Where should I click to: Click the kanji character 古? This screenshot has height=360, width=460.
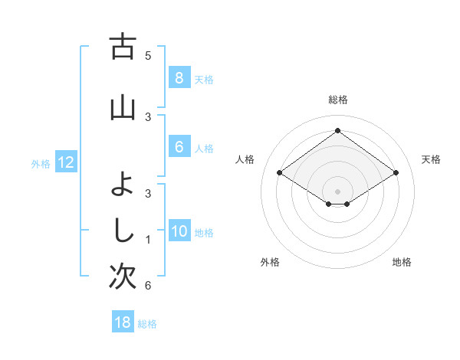coord(123,47)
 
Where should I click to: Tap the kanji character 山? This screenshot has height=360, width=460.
coord(123,108)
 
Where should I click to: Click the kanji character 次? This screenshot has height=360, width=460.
coord(123,277)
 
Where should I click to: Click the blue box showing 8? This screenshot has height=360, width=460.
coord(179,78)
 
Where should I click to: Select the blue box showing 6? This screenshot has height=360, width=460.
coord(179,148)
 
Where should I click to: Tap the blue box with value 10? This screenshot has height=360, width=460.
coord(179,232)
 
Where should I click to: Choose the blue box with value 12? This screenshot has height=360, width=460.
coord(65,162)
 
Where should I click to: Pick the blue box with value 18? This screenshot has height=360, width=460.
coord(123,322)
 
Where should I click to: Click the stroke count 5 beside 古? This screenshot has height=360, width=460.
coord(148,56)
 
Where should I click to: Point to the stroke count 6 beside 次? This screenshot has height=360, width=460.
coord(148,286)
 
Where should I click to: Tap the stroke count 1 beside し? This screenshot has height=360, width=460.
coord(148,240)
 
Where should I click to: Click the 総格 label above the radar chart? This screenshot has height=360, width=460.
coord(337,100)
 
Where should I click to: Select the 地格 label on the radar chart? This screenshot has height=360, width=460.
coord(402,262)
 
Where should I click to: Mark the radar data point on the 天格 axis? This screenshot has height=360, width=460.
coord(396,173)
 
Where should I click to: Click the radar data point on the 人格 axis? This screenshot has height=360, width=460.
coord(279,173)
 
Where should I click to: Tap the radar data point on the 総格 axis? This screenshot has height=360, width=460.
coord(337,131)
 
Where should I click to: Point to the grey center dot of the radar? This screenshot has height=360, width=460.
coord(337,191)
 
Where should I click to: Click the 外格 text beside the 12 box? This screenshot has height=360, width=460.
coord(40,163)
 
